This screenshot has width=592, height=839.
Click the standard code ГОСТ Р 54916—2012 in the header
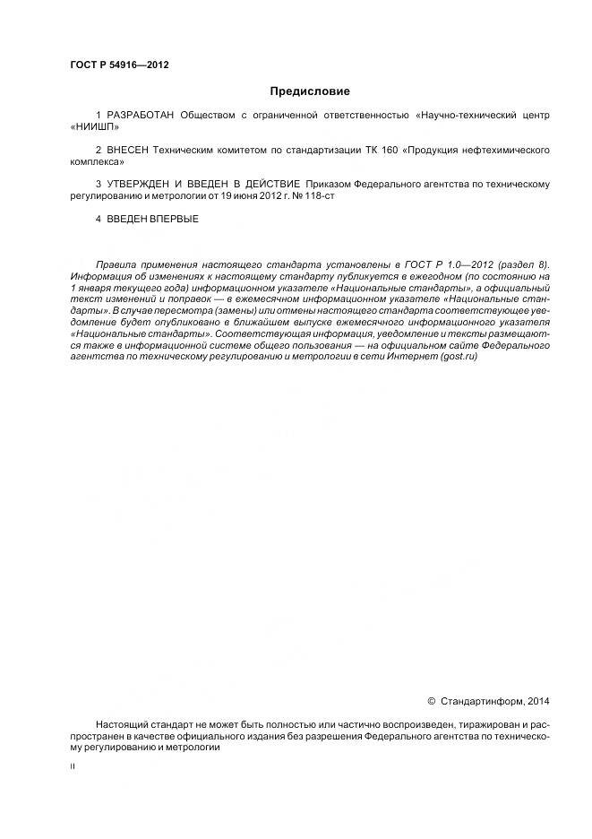[x=119, y=65]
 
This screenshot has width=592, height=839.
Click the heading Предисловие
[x=310, y=91]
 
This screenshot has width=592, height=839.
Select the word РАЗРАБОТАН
[x=141, y=117]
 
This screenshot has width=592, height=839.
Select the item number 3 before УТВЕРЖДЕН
[x=99, y=185]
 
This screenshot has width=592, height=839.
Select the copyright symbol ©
[x=431, y=701]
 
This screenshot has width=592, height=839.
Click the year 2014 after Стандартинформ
[x=538, y=701]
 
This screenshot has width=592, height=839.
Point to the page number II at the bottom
[x=73, y=767]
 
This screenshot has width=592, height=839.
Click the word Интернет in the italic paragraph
[x=399, y=356]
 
